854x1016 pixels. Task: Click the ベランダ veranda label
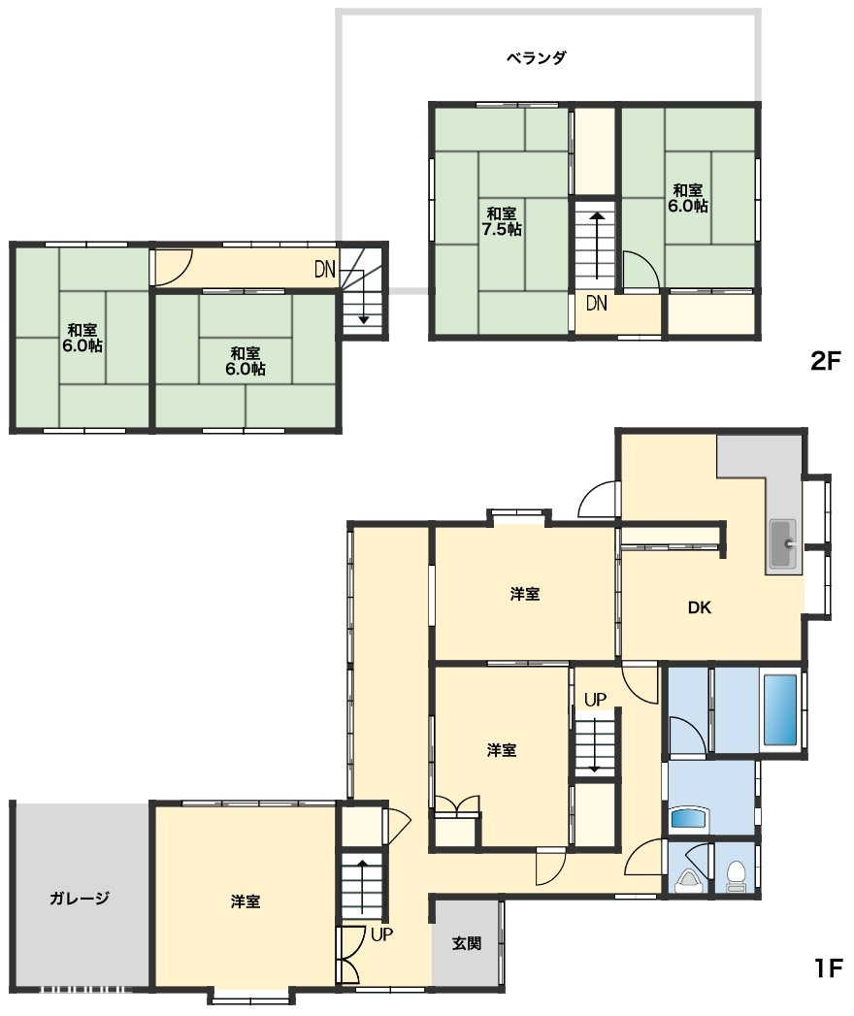click(x=536, y=57)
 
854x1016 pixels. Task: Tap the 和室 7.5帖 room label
click(x=502, y=221)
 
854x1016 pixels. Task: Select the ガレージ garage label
click(x=79, y=898)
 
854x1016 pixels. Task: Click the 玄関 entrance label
click(x=467, y=943)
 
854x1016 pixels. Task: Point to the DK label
click(x=699, y=607)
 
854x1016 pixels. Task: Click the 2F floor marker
click(x=826, y=361)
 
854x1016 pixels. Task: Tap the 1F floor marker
click(x=828, y=968)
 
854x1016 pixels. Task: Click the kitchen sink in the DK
click(x=783, y=543)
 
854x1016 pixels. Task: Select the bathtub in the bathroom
click(x=780, y=710)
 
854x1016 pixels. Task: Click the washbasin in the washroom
click(x=689, y=818)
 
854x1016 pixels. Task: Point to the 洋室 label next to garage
click(x=246, y=901)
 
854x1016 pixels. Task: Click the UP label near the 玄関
click(x=381, y=934)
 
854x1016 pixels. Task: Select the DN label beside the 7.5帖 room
click(x=596, y=303)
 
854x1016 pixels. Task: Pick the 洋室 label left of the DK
click(x=525, y=594)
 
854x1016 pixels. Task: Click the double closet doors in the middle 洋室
click(x=457, y=803)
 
